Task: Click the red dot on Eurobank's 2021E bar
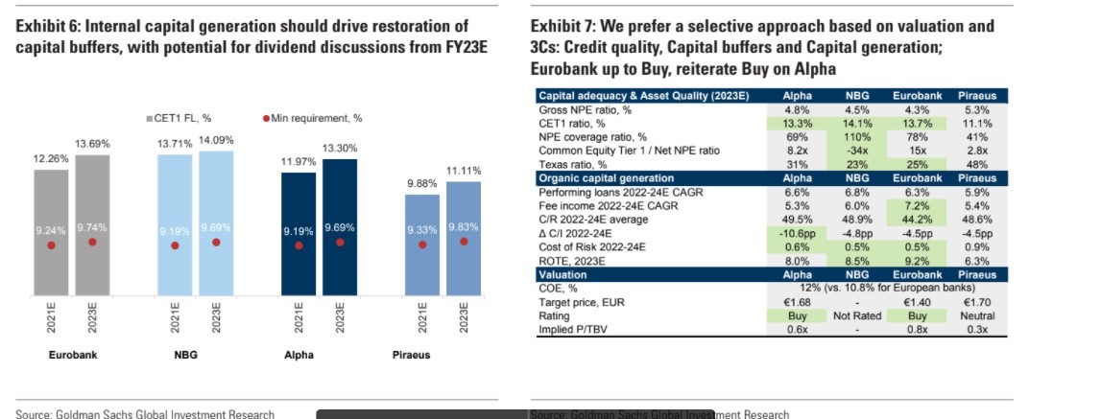51,245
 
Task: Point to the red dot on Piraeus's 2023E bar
464,242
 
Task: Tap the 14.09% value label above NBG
216,140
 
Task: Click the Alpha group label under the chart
299,355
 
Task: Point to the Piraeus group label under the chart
412,355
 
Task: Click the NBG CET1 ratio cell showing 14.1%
857,123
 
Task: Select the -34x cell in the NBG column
857,151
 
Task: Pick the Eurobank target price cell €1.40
917,302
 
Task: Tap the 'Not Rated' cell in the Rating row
857,315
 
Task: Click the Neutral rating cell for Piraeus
976,315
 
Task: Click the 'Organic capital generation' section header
607,178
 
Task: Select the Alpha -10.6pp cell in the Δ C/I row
798,233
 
